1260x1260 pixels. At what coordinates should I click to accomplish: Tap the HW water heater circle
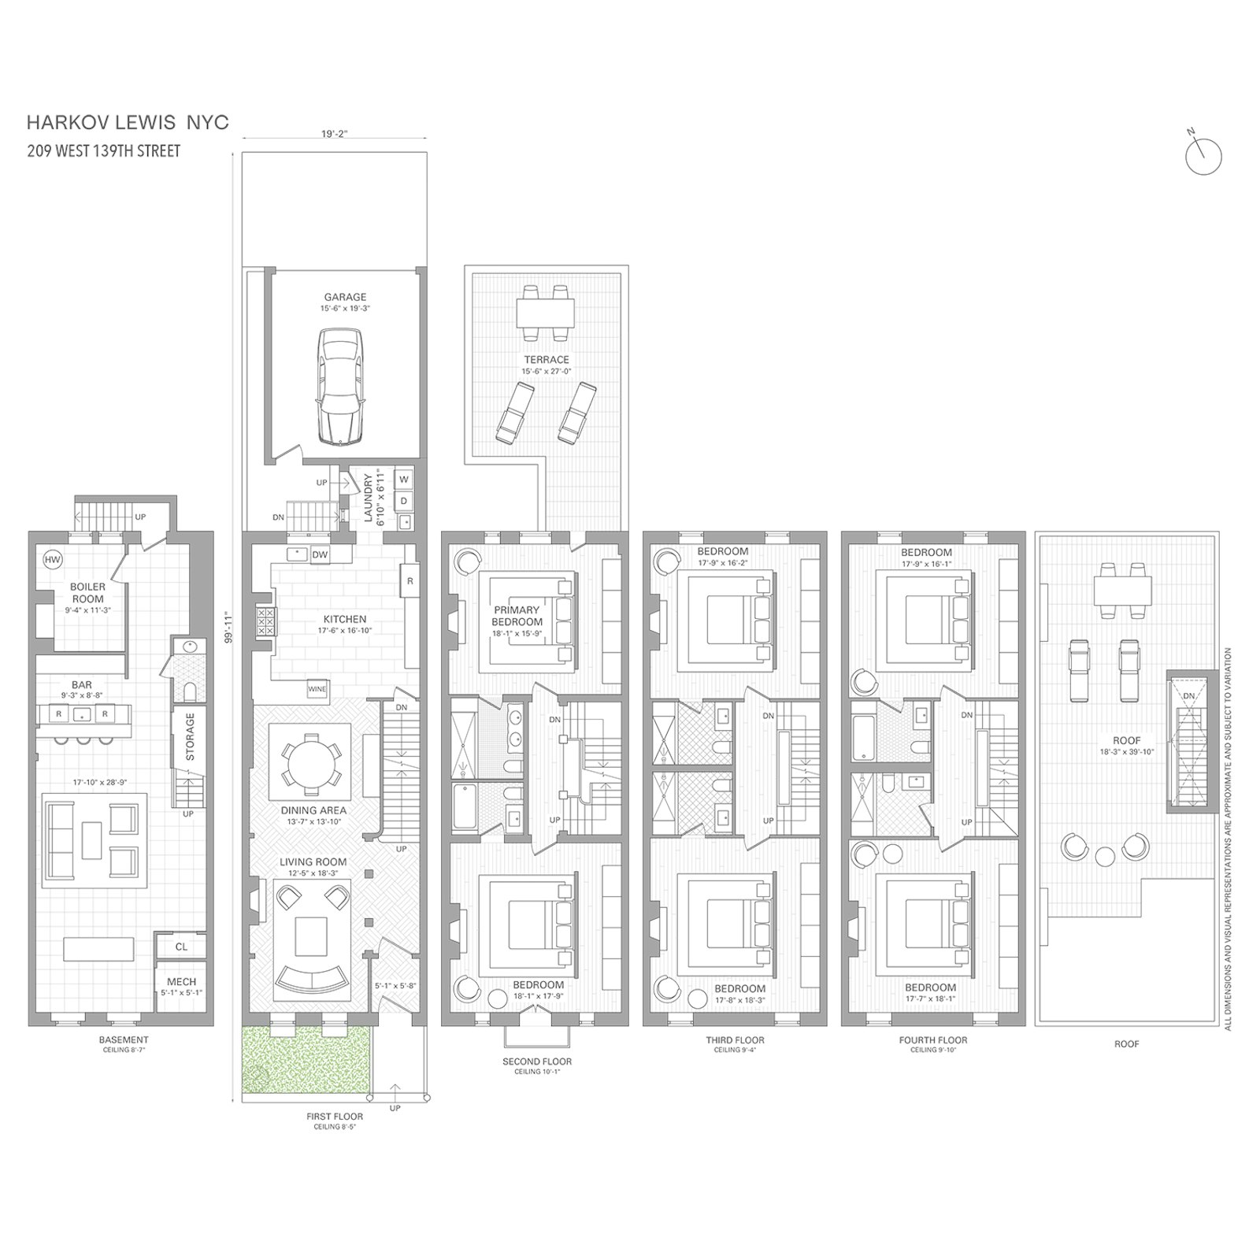[x=53, y=560]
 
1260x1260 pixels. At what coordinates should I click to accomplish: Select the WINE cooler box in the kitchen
[x=317, y=689]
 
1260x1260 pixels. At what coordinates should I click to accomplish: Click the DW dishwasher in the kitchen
[x=320, y=554]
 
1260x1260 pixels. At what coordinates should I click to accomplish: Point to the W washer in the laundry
[x=403, y=480]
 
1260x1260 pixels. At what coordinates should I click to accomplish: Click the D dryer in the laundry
[x=403, y=500]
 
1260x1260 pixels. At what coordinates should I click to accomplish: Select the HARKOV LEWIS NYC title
[x=128, y=122]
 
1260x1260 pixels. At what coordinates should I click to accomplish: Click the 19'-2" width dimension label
[x=334, y=134]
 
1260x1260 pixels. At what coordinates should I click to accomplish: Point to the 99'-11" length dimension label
[x=229, y=627]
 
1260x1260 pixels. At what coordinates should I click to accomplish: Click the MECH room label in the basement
[x=181, y=982]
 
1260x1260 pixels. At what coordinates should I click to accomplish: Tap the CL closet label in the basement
[x=181, y=947]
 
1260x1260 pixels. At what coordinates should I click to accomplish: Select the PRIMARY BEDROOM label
[x=517, y=616]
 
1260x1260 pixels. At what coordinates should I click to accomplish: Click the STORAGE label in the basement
[x=190, y=737]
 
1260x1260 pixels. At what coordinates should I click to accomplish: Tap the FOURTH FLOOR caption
[x=933, y=1039]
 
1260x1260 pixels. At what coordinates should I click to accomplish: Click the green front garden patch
[x=306, y=1059]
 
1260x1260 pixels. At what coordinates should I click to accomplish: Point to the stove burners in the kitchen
[x=265, y=622]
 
